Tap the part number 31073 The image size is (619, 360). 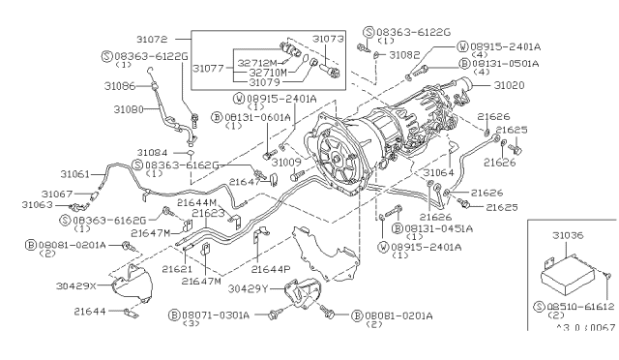coord(329,38)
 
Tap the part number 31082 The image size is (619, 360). coord(404,56)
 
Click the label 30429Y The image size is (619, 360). coord(249,289)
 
